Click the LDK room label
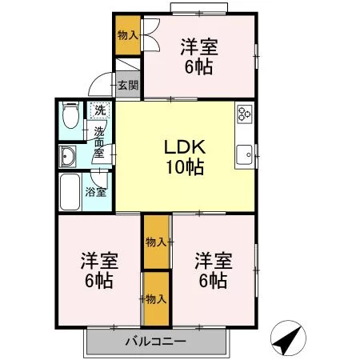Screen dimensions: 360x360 click(185, 146)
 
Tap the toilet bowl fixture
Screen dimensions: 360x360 click(70, 115)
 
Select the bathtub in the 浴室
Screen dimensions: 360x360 click(70, 192)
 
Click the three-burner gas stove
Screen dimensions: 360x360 click(245, 114)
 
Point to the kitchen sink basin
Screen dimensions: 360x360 click(244, 155)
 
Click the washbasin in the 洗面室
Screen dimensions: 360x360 click(67, 157)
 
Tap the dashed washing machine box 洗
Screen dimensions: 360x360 click(100, 110)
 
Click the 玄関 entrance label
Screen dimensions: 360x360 click(128, 86)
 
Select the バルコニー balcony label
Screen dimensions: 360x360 click(156, 341)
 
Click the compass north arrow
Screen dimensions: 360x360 click(288, 338)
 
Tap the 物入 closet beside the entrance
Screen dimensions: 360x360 click(128, 35)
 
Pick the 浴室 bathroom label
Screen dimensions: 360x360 click(96, 192)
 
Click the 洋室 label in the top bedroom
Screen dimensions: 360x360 click(199, 47)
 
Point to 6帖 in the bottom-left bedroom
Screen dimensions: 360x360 click(98, 280)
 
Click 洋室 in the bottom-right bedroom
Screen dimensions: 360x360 click(214, 261)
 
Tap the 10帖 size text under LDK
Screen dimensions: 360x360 click(185, 167)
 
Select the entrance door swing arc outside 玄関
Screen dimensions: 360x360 click(100, 84)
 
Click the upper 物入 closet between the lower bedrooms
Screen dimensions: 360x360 click(157, 242)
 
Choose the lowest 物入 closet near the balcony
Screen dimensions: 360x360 click(157, 298)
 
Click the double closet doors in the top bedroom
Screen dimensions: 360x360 click(151, 34)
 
